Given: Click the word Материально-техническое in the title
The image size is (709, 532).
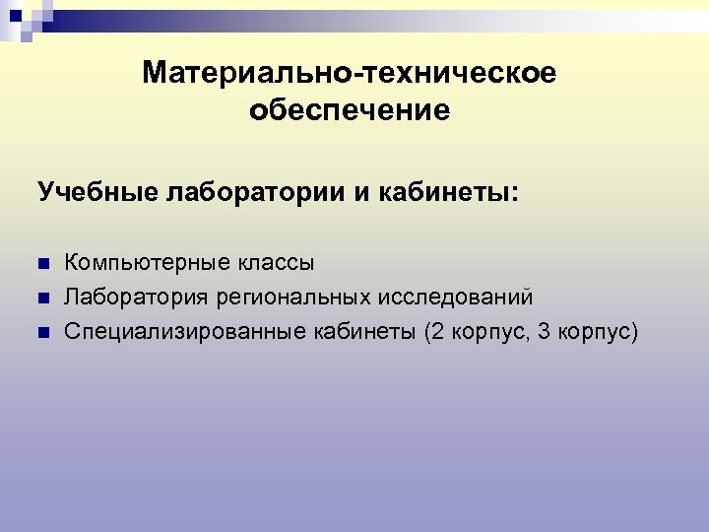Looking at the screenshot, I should tap(350, 74).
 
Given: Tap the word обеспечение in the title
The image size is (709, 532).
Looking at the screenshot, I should tap(350, 110).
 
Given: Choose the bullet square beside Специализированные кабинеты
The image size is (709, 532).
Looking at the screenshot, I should tap(42, 331).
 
